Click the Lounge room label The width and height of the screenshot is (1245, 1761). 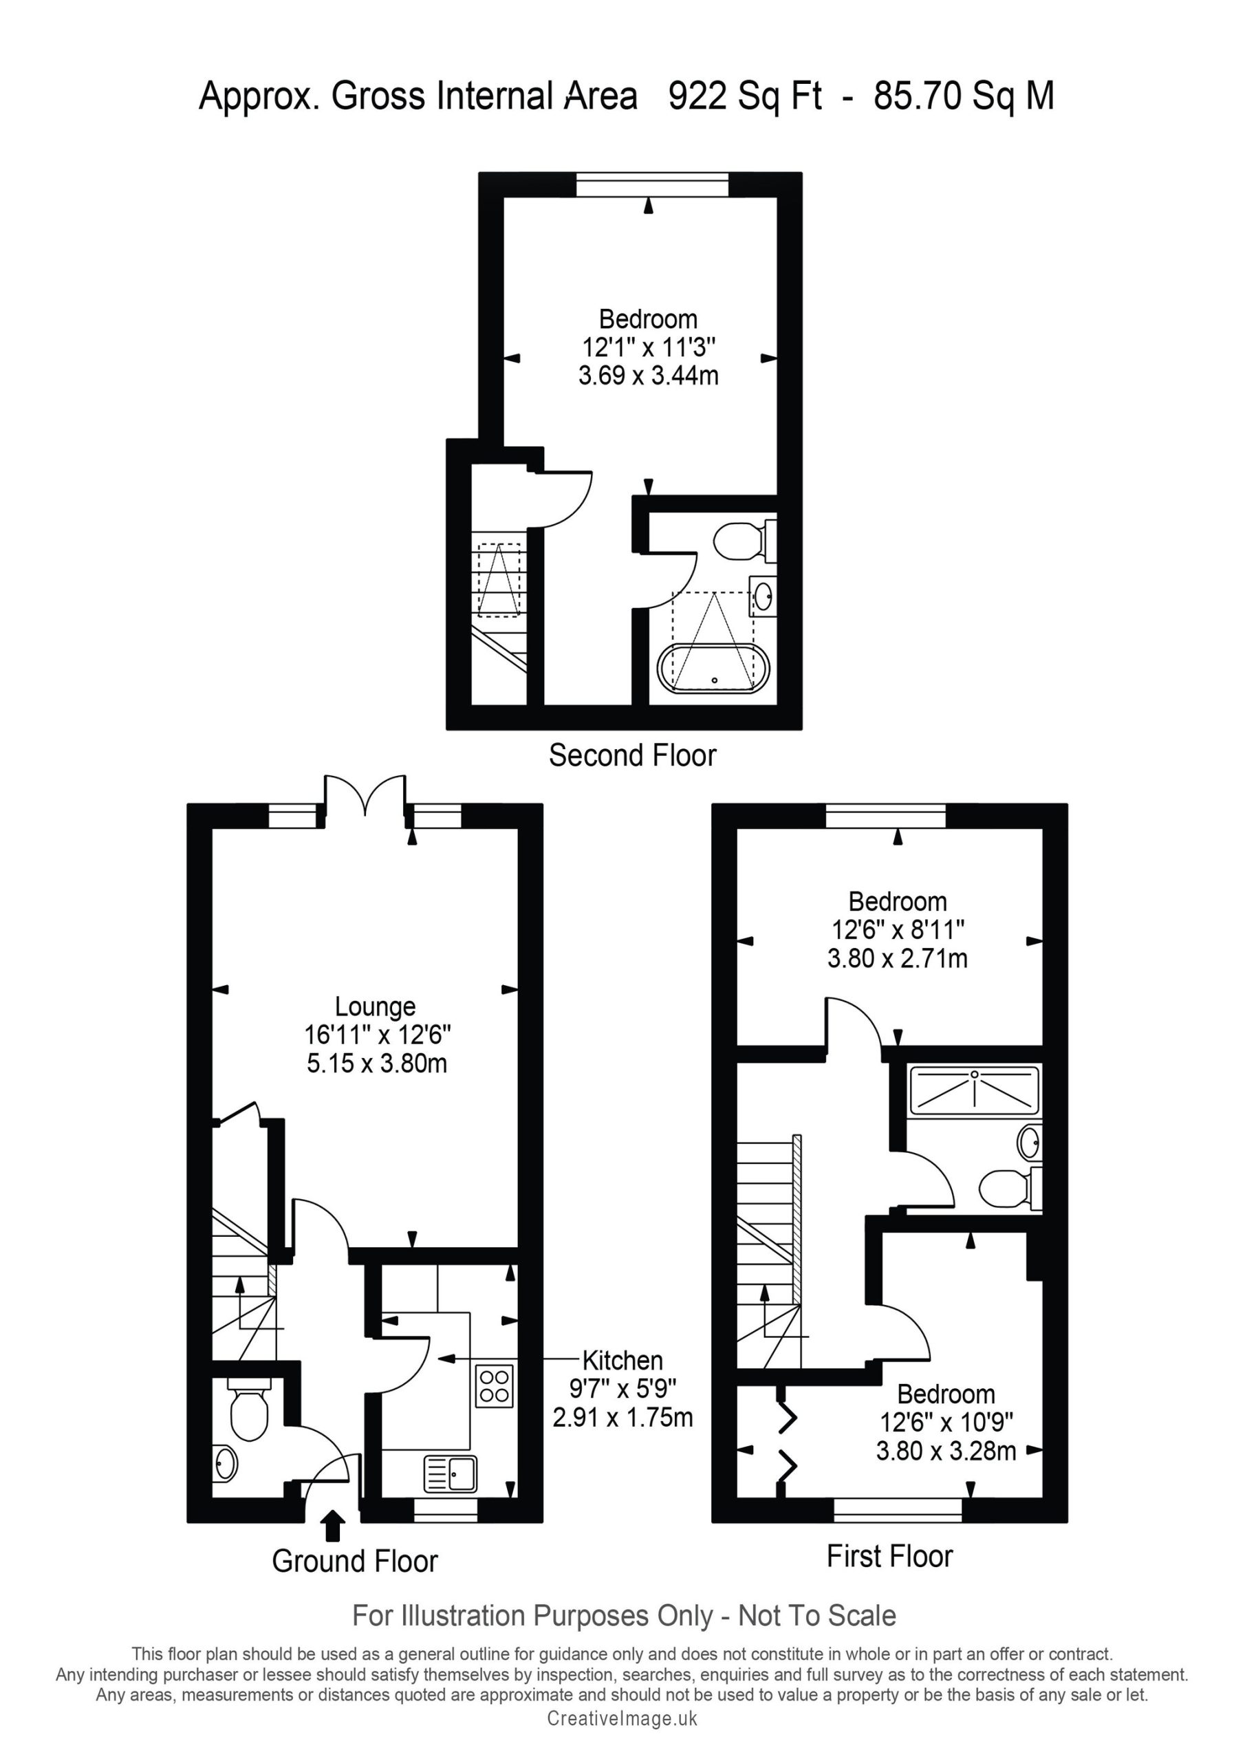pyautogui.click(x=375, y=1006)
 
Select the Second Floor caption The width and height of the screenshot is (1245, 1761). pyautogui.click(x=632, y=755)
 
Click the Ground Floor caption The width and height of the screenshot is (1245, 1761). pyautogui.click(x=354, y=1561)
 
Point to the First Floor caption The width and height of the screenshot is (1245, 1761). pyautogui.click(x=890, y=1556)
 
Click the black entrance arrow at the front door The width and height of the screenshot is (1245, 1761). pyautogui.click(x=332, y=1526)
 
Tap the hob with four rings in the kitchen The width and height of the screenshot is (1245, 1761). pyautogui.click(x=495, y=1386)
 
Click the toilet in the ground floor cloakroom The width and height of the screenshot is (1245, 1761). pyautogui.click(x=249, y=1407)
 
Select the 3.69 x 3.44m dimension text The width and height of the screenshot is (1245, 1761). pyautogui.click(x=648, y=376)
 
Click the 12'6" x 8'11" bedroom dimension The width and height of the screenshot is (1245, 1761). pyautogui.click(x=898, y=929)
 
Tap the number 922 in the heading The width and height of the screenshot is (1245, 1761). pyautogui.click(x=698, y=96)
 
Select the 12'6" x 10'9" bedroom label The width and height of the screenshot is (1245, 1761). pyautogui.click(x=946, y=1423)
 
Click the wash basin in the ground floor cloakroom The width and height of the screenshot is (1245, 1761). pyautogui.click(x=226, y=1463)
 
